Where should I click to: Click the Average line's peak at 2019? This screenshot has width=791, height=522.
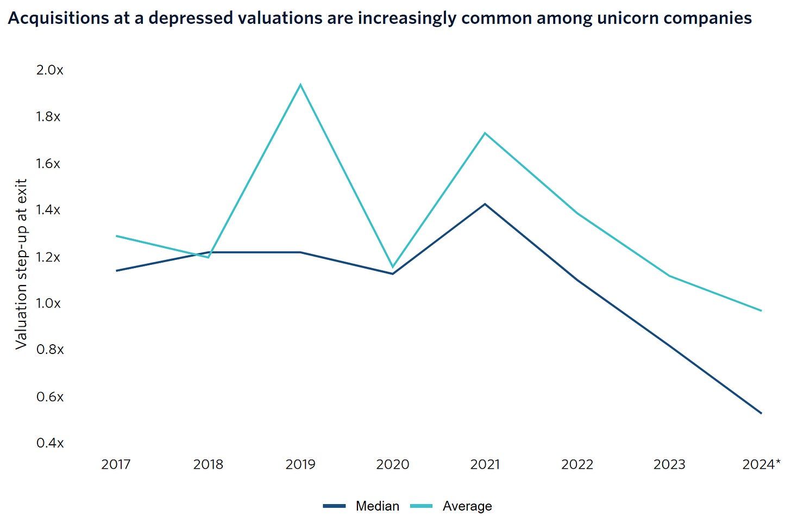(300, 85)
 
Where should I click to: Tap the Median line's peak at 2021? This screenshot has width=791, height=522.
(485, 204)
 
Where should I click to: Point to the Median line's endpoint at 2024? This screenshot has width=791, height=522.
(761, 413)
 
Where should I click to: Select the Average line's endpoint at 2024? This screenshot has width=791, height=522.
(761, 310)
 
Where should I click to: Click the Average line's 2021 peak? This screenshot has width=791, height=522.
(485, 133)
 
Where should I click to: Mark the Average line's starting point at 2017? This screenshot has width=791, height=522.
(116, 236)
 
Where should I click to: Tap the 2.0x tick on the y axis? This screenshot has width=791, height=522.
(49, 70)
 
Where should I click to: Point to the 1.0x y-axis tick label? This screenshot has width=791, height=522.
(49, 303)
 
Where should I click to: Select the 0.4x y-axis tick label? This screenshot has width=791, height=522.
(49, 443)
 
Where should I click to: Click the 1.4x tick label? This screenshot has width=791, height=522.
(49, 210)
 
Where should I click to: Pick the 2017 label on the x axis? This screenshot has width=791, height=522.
(116, 464)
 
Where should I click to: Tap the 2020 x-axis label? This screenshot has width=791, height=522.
(393, 464)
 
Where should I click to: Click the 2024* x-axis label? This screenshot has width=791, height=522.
(761, 464)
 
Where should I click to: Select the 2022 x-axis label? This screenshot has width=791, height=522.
(577, 464)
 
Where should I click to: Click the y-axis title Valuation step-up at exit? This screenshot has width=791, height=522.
(21, 264)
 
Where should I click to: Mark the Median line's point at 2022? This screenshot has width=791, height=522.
(577, 281)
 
